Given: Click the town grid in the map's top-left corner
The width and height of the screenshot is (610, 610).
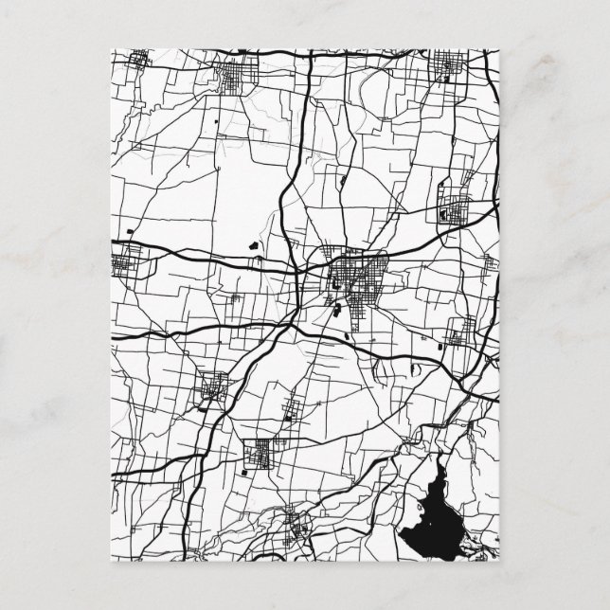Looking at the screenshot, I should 140,63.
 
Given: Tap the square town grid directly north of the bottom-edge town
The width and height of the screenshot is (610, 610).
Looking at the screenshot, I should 259,454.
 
